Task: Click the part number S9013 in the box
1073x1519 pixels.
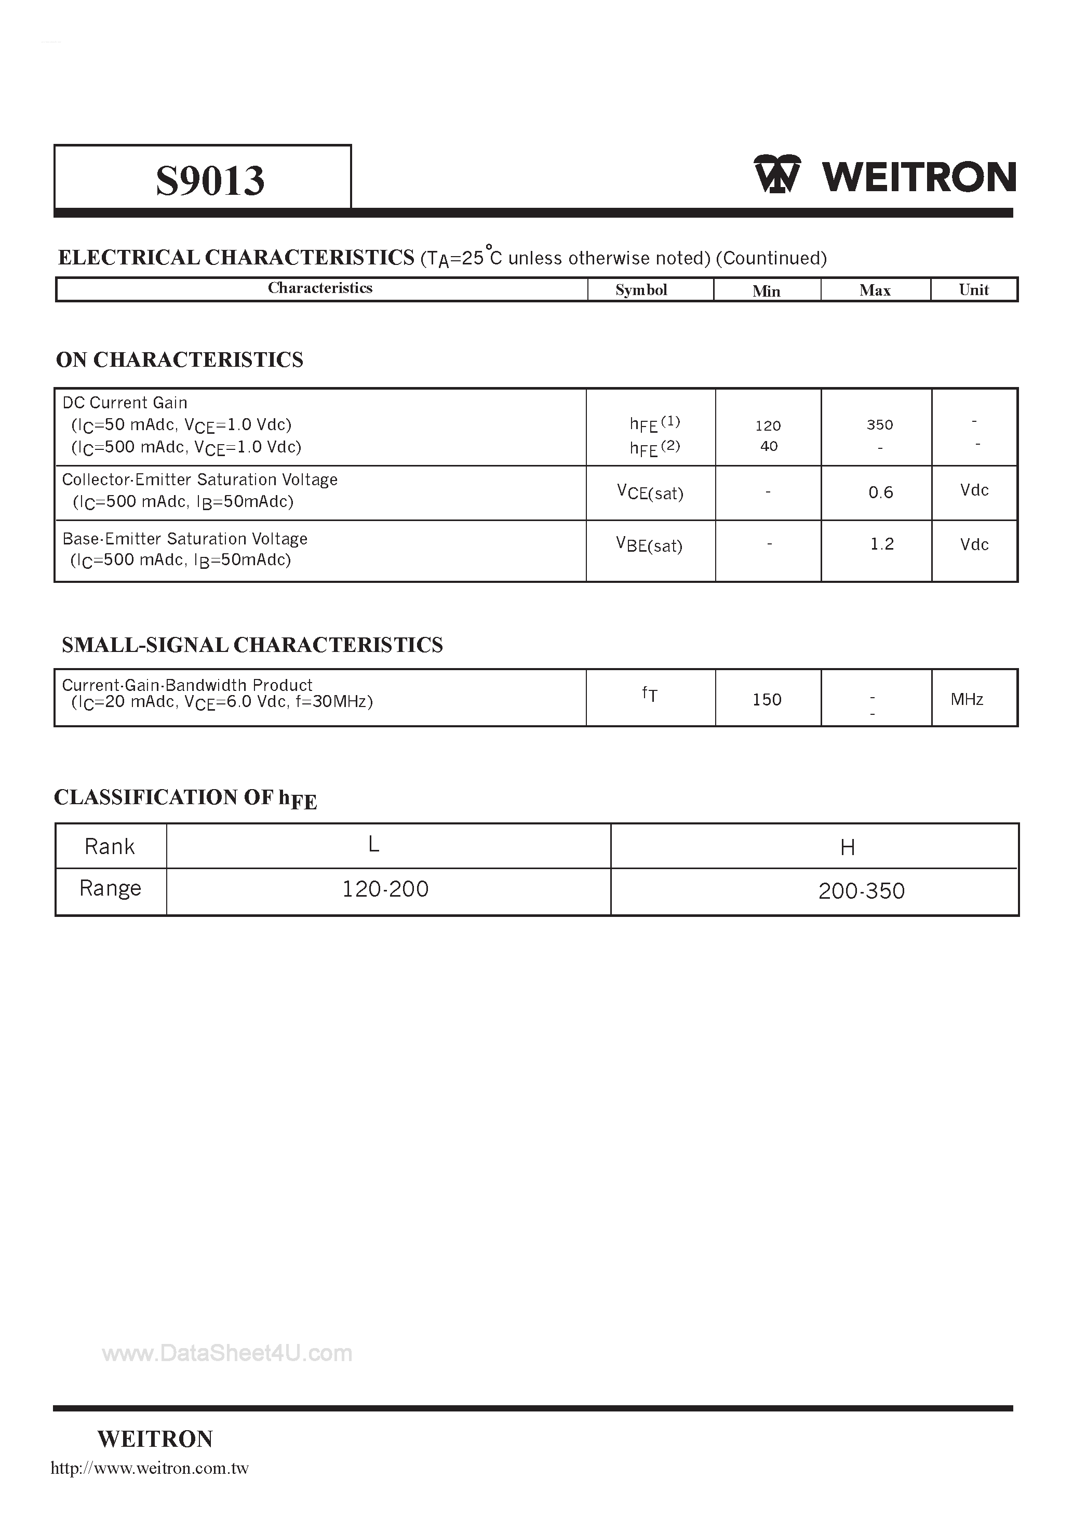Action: point(210,180)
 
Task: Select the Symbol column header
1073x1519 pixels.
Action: point(641,290)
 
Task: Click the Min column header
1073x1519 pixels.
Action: point(766,291)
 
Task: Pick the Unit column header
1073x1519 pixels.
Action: point(974,290)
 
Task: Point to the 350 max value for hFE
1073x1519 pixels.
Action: point(880,425)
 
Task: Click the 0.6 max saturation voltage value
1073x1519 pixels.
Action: point(880,492)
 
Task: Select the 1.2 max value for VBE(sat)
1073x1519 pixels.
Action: point(882,544)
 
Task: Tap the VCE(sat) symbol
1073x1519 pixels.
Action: point(650,492)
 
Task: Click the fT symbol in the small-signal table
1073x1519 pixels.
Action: point(650,694)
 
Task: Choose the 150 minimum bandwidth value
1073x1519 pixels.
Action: point(767,699)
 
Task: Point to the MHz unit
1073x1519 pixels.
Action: point(967,699)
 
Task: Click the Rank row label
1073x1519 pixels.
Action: point(110,846)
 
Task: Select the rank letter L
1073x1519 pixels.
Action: point(374,844)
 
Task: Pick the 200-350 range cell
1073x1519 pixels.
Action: point(861,891)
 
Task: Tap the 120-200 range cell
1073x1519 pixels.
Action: point(385,888)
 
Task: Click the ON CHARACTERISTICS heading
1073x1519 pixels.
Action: point(179,359)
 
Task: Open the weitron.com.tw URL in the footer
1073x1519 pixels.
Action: point(150,1468)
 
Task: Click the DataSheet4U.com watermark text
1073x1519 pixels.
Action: point(227,1353)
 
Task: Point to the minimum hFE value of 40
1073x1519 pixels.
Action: point(769,446)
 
